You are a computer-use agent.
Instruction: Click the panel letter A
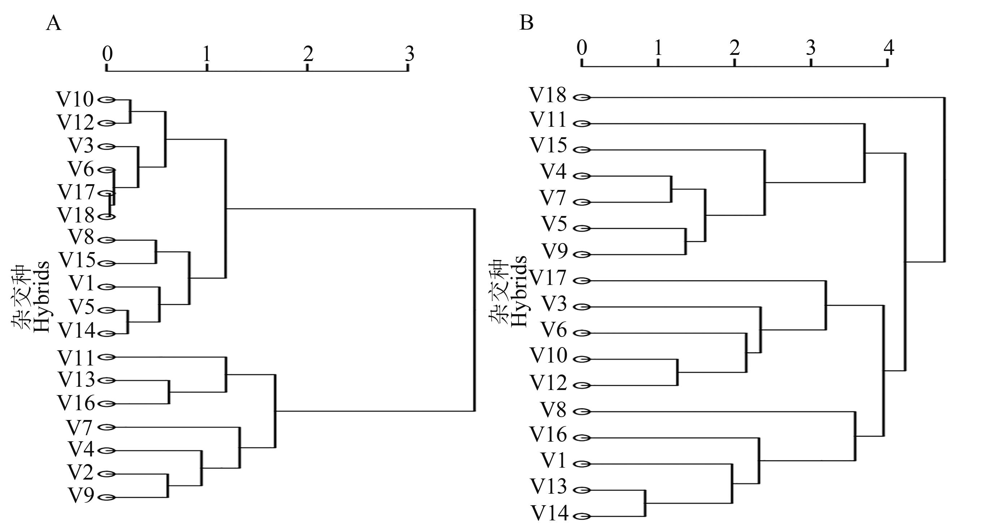[x=53, y=24]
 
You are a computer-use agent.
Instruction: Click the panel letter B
[x=526, y=23]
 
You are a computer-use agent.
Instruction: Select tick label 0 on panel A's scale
[x=107, y=54]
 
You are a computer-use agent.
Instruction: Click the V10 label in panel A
[x=75, y=99]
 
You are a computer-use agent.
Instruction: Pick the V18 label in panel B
[x=548, y=95]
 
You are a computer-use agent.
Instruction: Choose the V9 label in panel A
[x=81, y=496]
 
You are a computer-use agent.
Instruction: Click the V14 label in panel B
[x=550, y=513]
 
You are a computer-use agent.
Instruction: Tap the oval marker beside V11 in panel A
[x=107, y=357]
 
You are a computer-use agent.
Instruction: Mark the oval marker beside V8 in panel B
[x=582, y=412]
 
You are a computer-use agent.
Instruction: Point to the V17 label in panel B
[x=548, y=278]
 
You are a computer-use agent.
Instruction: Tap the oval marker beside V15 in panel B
[x=582, y=150]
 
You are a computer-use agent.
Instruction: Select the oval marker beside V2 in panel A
[x=107, y=474]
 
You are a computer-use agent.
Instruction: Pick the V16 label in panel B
[x=548, y=434]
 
